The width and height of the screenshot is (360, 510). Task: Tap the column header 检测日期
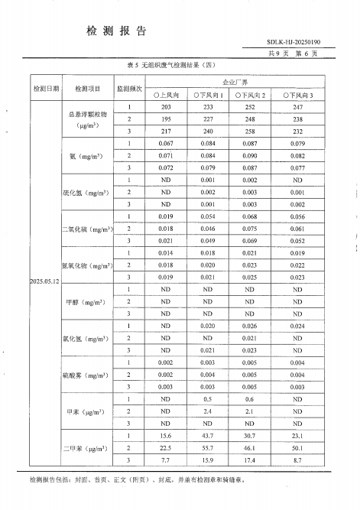pyautogui.click(x=45, y=89)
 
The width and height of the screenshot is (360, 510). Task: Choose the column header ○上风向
pyautogui.click(x=166, y=95)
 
